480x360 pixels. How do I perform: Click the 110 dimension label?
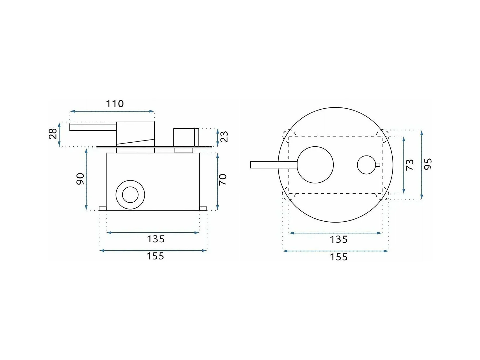point(115,104)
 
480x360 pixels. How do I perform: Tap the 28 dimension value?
point(53,134)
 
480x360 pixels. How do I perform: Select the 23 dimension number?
point(224,137)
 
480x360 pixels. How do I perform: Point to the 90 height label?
point(80,179)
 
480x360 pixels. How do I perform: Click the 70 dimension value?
point(223,179)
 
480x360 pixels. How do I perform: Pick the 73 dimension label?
point(410,165)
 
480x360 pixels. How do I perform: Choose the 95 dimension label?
point(428,164)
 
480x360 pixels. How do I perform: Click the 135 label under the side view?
point(156,239)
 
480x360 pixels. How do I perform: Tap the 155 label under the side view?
point(155,256)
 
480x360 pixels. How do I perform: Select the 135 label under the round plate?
point(339,239)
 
